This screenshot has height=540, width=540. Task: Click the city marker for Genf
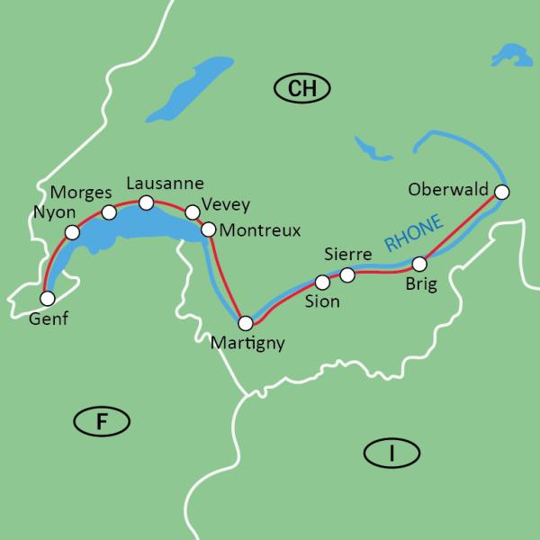pyautogui.click(x=48, y=297)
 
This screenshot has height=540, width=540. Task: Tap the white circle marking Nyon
pyautogui.click(x=73, y=232)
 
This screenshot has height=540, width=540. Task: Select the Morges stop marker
pyautogui.click(x=109, y=212)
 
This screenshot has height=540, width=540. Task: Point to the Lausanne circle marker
pyautogui.click(x=147, y=202)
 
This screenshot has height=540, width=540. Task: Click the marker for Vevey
pyautogui.click(x=192, y=212)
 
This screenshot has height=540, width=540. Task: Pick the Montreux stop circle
pyautogui.click(x=208, y=229)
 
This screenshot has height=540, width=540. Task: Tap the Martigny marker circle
pyautogui.click(x=245, y=322)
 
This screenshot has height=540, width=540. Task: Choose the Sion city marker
pyautogui.click(x=322, y=283)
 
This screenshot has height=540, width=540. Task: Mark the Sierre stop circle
pyautogui.click(x=347, y=274)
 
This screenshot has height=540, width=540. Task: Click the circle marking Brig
pyautogui.click(x=419, y=264)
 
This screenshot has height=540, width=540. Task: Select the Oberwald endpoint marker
pyautogui.click(x=502, y=192)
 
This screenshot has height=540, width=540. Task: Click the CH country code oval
pyautogui.click(x=302, y=87)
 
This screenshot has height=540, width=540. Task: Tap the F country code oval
pyautogui.click(x=102, y=421)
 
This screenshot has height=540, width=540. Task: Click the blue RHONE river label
pyautogui.click(x=413, y=232)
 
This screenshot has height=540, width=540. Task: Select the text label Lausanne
pyautogui.click(x=166, y=183)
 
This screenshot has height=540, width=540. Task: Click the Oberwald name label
pyautogui.click(x=448, y=190)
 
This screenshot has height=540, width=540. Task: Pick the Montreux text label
pyautogui.click(x=259, y=230)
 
